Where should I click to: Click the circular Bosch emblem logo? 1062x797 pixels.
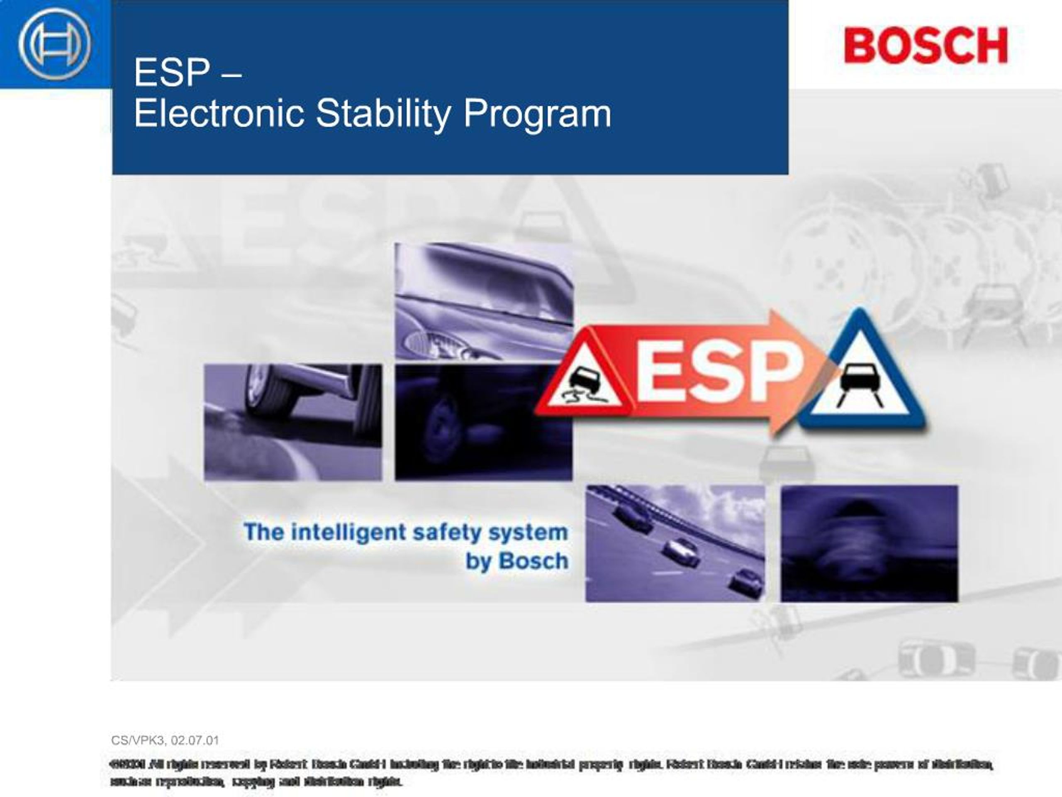click(54, 44)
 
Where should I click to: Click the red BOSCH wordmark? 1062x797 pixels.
click(926, 45)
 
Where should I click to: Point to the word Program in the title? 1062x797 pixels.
click(537, 114)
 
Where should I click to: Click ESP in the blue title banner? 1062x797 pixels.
click(172, 73)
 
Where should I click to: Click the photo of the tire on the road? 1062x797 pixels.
click(293, 422)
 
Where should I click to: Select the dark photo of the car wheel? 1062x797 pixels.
click(483, 422)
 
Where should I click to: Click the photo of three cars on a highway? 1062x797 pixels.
click(675, 543)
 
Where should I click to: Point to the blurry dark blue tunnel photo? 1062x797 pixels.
click(869, 543)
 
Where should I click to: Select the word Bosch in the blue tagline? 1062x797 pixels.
click(533, 561)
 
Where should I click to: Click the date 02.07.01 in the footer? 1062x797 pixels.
click(195, 740)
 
